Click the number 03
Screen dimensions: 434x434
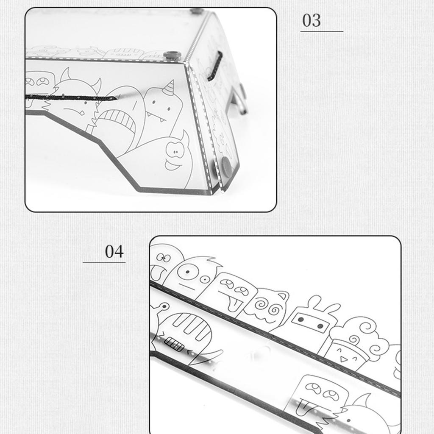pos(312,20)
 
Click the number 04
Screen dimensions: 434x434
pos(114,251)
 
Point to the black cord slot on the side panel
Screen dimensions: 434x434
pos(215,66)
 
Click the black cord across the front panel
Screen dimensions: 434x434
pos(71,97)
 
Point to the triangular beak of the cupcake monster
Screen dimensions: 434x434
pos(343,360)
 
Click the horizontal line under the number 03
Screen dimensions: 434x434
pos(322,31)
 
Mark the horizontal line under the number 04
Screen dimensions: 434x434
pos(104,262)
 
